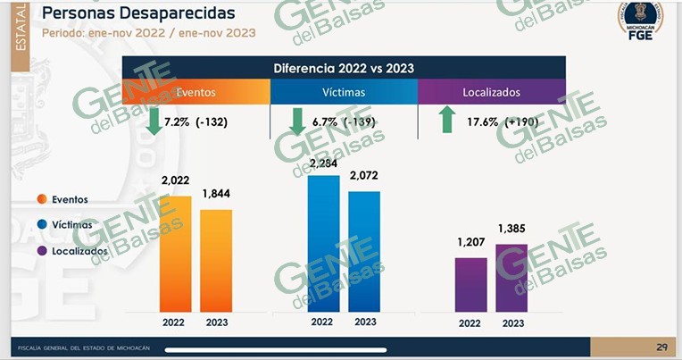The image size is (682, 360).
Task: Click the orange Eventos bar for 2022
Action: click(x=175, y=254)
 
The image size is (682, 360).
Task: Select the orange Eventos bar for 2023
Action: click(x=216, y=261)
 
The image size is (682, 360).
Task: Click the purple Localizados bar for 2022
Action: click(x=471, y=285)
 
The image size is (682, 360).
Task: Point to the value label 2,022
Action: click(x=176, y=180)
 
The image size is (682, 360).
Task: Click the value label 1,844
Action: click(x=218, y=193)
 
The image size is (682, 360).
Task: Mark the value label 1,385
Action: click(x=511, y=229)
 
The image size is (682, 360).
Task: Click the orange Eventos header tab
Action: click(x=195, y=92)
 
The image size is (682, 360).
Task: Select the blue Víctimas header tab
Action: click(x=343, y=92)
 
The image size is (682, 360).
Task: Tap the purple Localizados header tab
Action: click(x=491, y=92)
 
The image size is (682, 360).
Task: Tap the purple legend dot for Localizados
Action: click(x=42, y=251)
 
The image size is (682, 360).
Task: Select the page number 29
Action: click(x=661, y=347)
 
